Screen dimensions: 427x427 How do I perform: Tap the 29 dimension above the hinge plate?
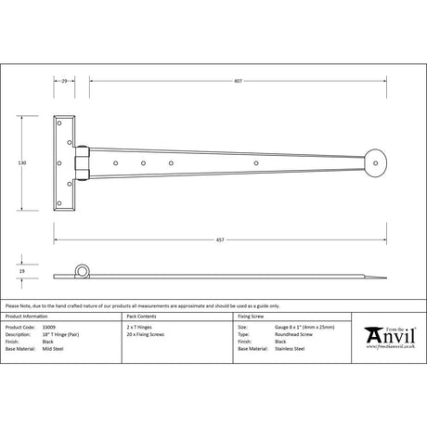point(64,82)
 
